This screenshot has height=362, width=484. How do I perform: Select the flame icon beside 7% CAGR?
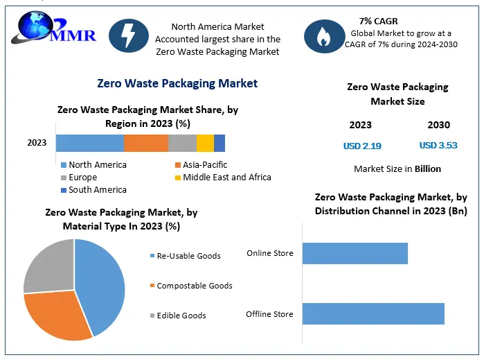(x=324, y=36)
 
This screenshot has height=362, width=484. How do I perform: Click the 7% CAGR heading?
(x=378, y=21)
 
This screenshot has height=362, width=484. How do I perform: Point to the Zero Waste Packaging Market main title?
(x=177, y=83)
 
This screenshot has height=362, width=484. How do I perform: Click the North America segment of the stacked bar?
(x=89, y=143)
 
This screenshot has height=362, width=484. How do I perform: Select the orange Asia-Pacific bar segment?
(x=146, y=143)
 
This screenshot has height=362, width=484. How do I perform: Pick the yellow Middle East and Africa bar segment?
(x=205, y=143)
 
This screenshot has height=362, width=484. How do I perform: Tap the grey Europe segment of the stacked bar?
(x=182, y=143)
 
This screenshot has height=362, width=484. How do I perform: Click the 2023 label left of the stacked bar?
(x=37, y=143)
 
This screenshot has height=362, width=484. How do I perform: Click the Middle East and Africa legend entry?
(x=222, y=177)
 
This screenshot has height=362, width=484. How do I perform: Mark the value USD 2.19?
(x=362, y=146)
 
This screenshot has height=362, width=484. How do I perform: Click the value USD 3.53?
(x=438, y=145)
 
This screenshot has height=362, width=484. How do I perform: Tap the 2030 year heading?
(x=438, y=125)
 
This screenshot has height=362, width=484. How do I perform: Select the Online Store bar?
(x=355, y=253)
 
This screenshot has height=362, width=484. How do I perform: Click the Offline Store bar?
(x=373, y=314)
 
